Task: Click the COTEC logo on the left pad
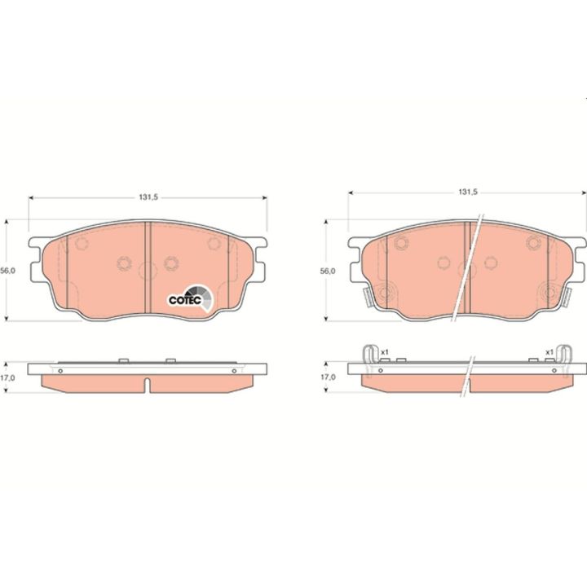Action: click(190, 298)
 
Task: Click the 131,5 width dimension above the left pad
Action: click(148, 197)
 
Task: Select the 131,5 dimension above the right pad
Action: click(468, 192)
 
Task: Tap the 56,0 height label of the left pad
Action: click(8, 271)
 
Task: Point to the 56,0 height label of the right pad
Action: click(328, 271)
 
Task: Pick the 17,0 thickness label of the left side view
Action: click(8, 377)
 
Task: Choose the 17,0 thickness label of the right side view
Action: click(328, 377)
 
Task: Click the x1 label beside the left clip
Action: click(385, 352)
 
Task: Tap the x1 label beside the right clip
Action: click(549, 352)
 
